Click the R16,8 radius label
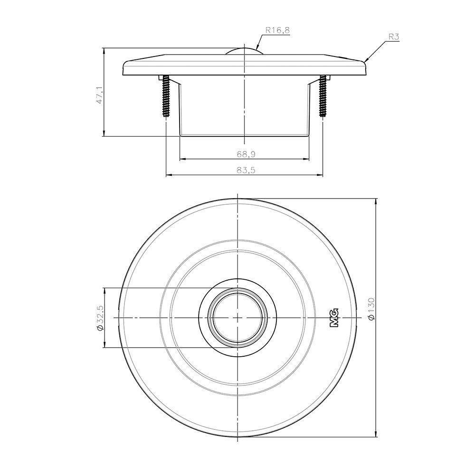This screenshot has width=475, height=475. [x=277, y=30]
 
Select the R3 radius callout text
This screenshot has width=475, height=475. [x=394, y=37]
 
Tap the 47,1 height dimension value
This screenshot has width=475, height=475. [x=100, y=95]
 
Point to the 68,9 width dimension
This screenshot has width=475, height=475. [x=246, y=154]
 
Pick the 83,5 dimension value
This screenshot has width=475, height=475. [x=246, y=171]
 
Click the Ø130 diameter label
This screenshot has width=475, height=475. [x=372, y=309]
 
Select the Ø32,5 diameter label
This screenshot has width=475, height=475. [x=100, y=318]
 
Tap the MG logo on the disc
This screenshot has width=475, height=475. [x=333, y=318]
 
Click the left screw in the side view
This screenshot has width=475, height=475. [x=166, y=96]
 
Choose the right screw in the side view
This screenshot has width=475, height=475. [x=323, y=96]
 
